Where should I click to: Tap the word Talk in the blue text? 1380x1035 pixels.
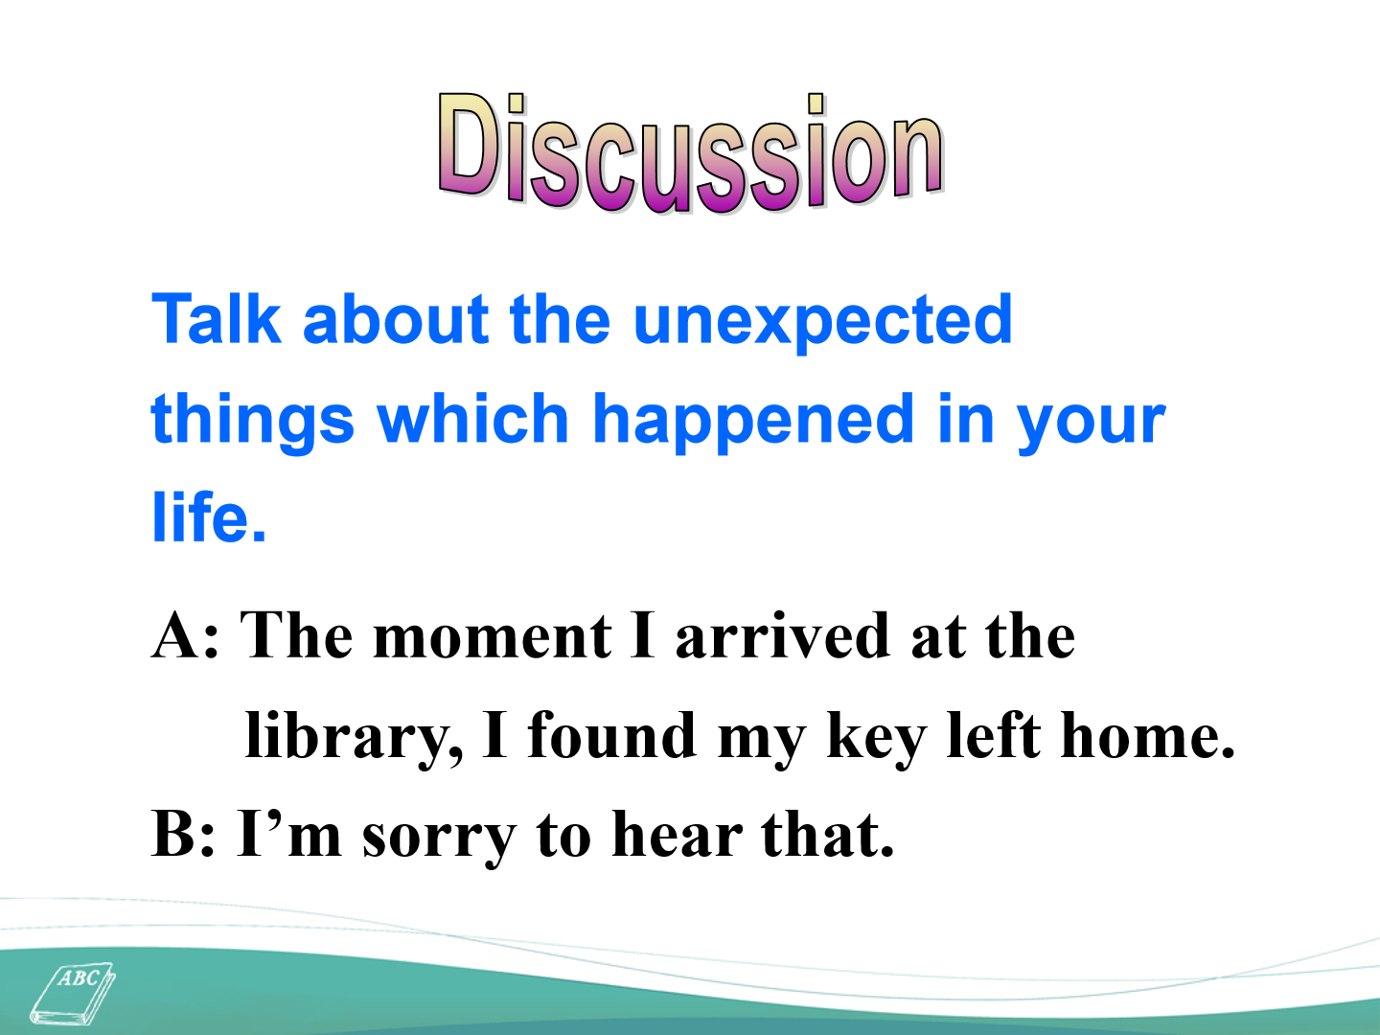[x=216, y=319]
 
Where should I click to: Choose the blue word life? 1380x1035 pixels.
[x=209, y=516]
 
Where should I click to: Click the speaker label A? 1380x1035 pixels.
[x=186, y=635]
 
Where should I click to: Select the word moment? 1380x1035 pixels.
[x=493, y=637]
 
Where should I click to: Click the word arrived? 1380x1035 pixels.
[x=783, y=635]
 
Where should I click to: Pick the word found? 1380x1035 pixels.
[x=611, y=735]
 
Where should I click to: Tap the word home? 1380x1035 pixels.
[x=1148, y=735]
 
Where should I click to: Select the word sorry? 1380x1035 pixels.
[x=439, y=839]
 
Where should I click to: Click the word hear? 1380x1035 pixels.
[x=678, y=834]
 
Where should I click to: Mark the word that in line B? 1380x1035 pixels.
[x=828, y=834]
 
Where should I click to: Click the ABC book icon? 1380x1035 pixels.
[x=73, y=993]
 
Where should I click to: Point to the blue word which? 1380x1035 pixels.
[x=472, y=417]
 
